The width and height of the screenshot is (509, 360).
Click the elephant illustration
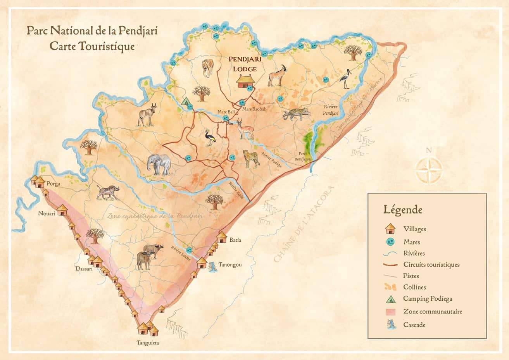coord(159,164)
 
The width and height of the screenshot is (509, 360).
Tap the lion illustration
coord(208,68)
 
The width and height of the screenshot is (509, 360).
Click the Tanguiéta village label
coord(148,343)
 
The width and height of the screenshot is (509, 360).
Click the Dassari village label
coord(84,269)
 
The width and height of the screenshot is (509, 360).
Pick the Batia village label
coord(235,240)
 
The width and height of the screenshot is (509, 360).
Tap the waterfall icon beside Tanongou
coord(212,267)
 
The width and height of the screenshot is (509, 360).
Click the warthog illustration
coord(107,192)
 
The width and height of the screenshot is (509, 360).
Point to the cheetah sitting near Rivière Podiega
coord(251,158)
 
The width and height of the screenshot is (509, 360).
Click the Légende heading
coord(403,210)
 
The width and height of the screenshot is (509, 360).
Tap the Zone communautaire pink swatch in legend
coord(390,312)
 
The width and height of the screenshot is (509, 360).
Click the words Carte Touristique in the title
coord(92,46)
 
